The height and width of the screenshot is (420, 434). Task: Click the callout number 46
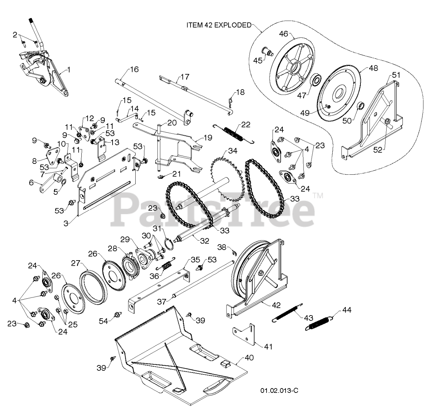[284, 34]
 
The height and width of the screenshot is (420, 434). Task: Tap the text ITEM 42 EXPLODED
[219, 25]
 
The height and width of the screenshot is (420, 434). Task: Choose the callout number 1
[69, 70]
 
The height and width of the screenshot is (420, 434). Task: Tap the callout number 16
[135, 70]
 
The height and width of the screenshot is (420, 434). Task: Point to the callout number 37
[162, 302]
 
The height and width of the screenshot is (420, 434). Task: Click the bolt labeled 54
[117, 315]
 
